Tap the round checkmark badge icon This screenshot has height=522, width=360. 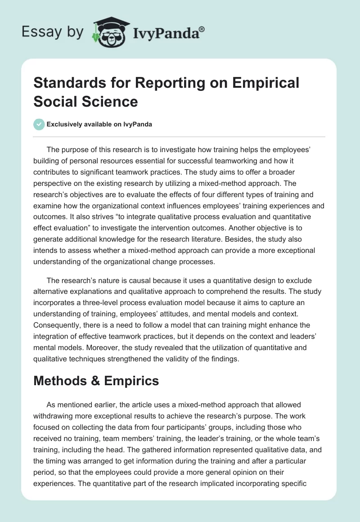point(39,124)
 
